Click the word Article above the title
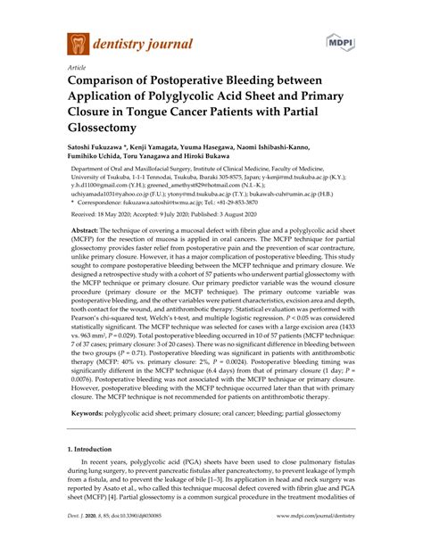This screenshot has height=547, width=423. (x=79, y=68)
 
